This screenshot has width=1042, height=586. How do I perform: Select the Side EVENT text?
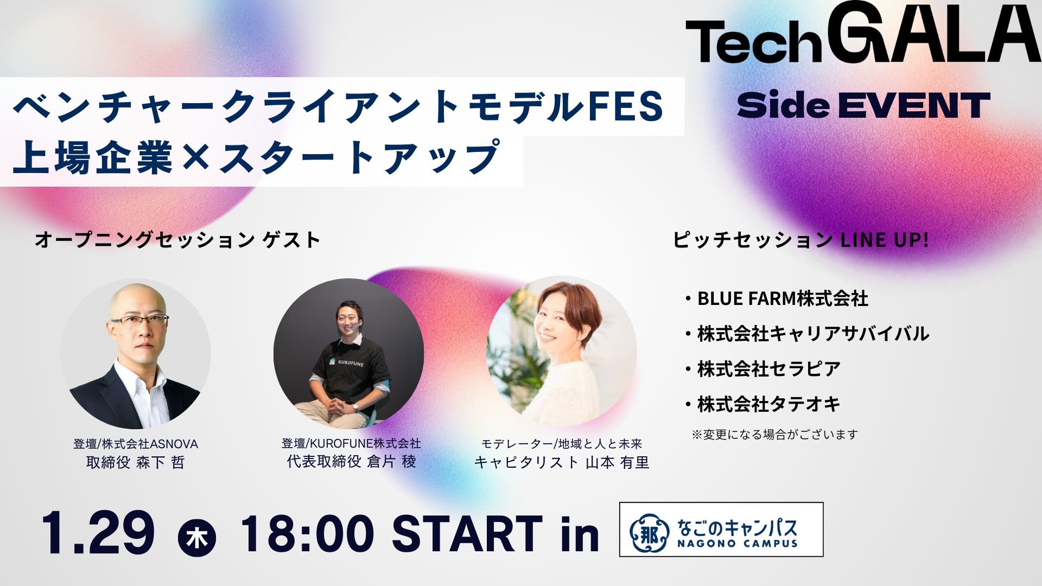863,105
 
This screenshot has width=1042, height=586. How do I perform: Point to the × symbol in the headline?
195,157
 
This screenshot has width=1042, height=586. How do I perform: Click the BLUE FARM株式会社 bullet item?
782,298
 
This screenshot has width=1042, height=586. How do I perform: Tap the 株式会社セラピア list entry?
768,369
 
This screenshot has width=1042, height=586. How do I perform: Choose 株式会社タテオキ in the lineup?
768,404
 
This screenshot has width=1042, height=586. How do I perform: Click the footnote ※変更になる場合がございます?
774,435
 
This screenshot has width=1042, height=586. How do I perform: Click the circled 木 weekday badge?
196,538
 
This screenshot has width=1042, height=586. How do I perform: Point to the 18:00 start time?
307,534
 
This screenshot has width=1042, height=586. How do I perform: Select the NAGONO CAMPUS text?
737,543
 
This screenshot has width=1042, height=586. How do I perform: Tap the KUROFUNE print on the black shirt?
350,362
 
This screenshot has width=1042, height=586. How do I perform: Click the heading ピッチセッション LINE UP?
800,239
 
